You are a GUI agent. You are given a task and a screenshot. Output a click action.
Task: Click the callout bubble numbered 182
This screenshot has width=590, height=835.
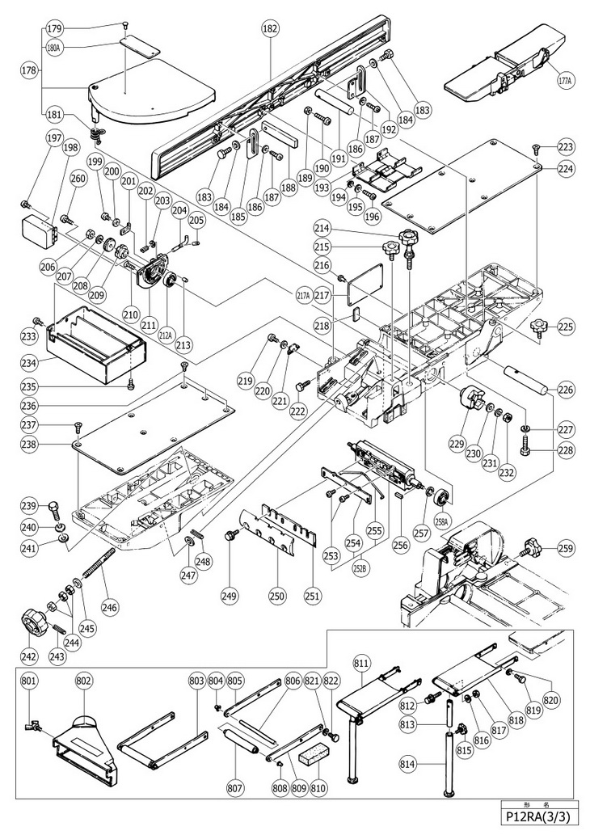[270, 28]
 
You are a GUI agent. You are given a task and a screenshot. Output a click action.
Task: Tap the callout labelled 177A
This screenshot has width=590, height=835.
[563, 81]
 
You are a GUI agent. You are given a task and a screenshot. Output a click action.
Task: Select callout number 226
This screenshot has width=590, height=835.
[565, 390]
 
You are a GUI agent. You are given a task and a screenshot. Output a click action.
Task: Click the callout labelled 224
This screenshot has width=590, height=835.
[565, 168]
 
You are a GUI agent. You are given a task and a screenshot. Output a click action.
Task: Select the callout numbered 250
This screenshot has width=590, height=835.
[277, 597]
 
